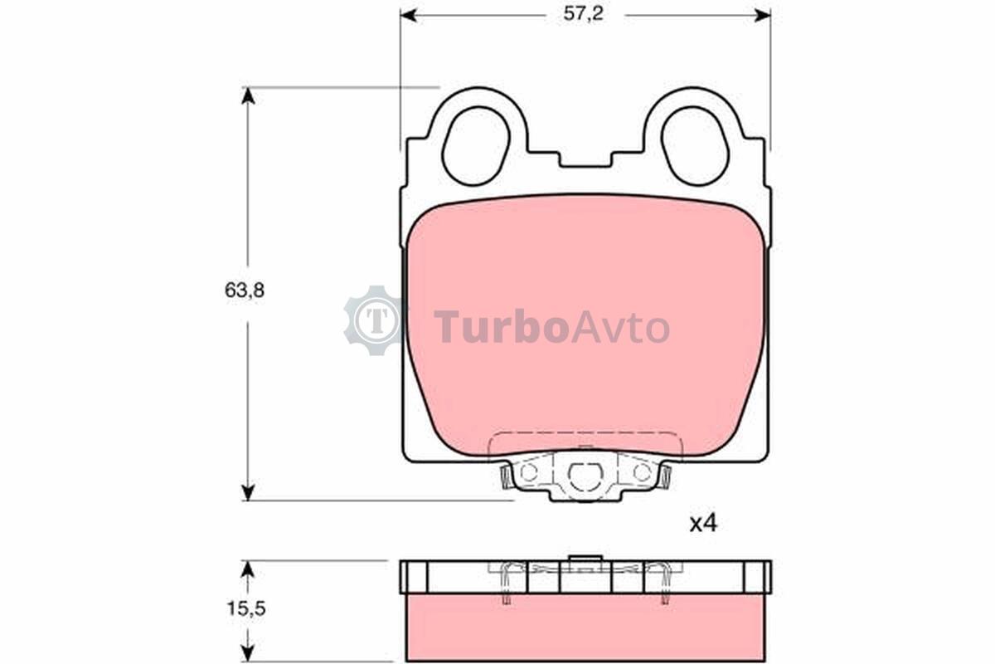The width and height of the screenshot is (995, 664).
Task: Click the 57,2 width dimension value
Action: click(x=583, y=14)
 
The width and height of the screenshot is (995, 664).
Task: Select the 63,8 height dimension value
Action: click(x=245, y=290)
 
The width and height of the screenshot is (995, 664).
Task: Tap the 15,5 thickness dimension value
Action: click(x=246, y=608)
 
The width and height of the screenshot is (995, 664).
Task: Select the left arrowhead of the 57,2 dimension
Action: click(x=409, y=15)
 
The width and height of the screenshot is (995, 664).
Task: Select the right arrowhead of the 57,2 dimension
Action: click(x=762, y=15)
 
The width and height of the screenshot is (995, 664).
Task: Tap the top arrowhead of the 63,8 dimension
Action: click(x=248, y=95)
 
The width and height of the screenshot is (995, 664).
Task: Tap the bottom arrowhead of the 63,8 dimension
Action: click(x=248, y=492)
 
